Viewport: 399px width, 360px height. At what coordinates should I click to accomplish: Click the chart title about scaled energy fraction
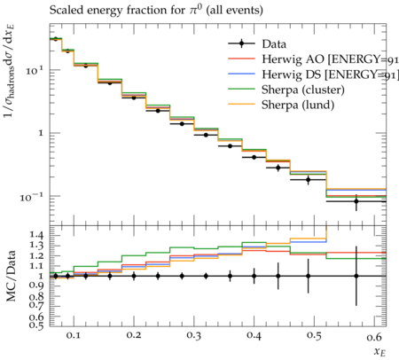click(156, 10)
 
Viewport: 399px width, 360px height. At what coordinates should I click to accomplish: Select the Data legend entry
click(257, 44)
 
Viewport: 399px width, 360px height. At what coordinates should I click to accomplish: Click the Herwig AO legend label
click(330, 59)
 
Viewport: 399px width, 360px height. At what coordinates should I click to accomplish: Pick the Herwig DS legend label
click(330, 74)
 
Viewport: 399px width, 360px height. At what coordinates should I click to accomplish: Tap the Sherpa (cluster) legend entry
click(303, 90)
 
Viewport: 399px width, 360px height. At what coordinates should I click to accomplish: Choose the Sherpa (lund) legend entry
click(298, 105)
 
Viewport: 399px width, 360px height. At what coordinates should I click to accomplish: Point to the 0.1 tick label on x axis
click(74, 335)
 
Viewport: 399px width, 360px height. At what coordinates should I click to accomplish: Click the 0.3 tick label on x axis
click(193, 335)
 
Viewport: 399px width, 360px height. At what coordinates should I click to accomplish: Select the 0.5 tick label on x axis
click(314, 335)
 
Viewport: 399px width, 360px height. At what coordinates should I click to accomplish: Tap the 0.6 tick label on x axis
click(374, 336)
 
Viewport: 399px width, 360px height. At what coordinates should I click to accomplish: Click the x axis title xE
click(379, 352)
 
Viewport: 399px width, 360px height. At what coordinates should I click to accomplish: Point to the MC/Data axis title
click(11, 276)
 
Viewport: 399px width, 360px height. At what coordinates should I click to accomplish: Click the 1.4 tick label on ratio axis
click(37, 235)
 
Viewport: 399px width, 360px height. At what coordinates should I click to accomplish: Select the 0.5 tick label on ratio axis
click(37, 325)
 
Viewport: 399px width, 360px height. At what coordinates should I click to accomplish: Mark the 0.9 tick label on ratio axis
click(37, 286)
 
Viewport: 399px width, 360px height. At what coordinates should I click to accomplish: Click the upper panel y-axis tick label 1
click(41, 133)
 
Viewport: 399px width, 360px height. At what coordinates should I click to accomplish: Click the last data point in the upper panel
click(356, 201)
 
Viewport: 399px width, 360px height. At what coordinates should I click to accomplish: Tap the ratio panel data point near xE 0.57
click(356, 276)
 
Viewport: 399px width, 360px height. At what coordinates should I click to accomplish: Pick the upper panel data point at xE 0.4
click(254, 157)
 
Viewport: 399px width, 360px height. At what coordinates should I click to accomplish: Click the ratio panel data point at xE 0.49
click(309, 276)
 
